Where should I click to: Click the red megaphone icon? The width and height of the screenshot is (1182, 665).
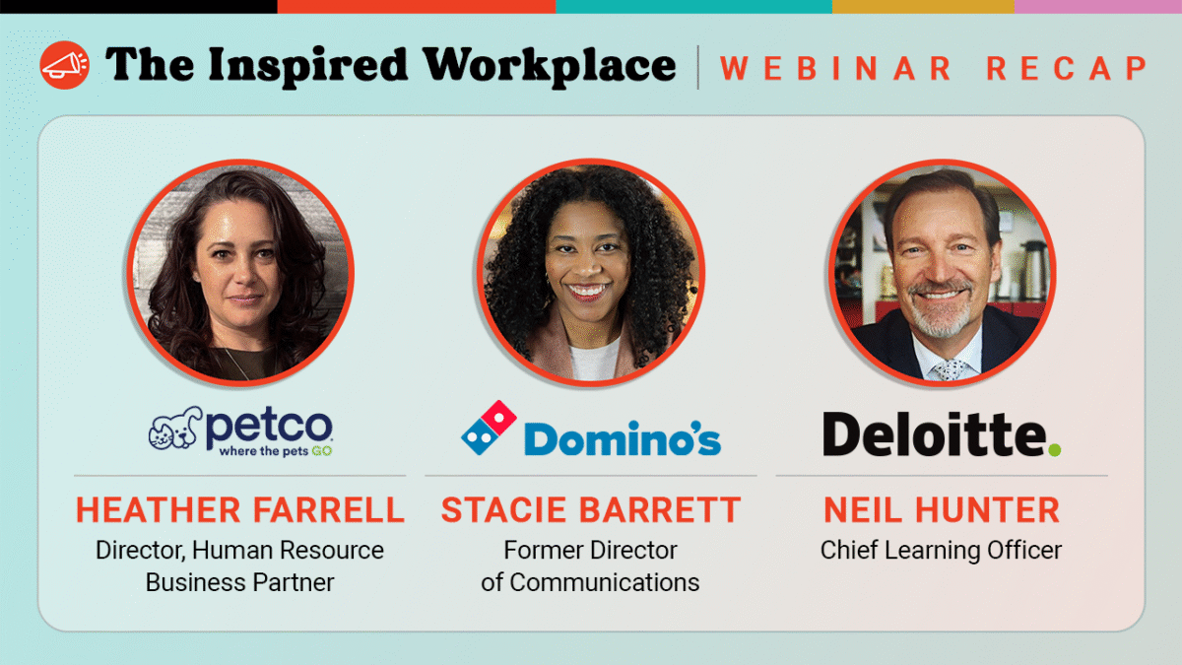click(64, 65)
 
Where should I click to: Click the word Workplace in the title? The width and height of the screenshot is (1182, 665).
click(550, 66)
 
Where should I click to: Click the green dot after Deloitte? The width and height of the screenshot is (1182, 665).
click(1054, 449)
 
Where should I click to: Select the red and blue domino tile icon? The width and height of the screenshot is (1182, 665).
click(490, 427)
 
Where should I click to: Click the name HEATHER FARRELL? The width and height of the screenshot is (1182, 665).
click(240, 509)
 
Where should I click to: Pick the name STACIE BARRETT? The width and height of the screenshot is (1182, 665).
click(591, 509)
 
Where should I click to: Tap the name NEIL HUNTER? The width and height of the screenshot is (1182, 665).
click(942, 509)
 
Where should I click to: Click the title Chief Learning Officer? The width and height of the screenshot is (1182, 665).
click(942, 550)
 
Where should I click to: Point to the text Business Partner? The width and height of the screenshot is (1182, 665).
click(240, 582)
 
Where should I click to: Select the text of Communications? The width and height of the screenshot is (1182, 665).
click(591, 582)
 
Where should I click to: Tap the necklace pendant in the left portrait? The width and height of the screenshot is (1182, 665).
click(233, 366)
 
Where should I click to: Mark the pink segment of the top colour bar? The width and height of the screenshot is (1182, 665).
click(1097, 6)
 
